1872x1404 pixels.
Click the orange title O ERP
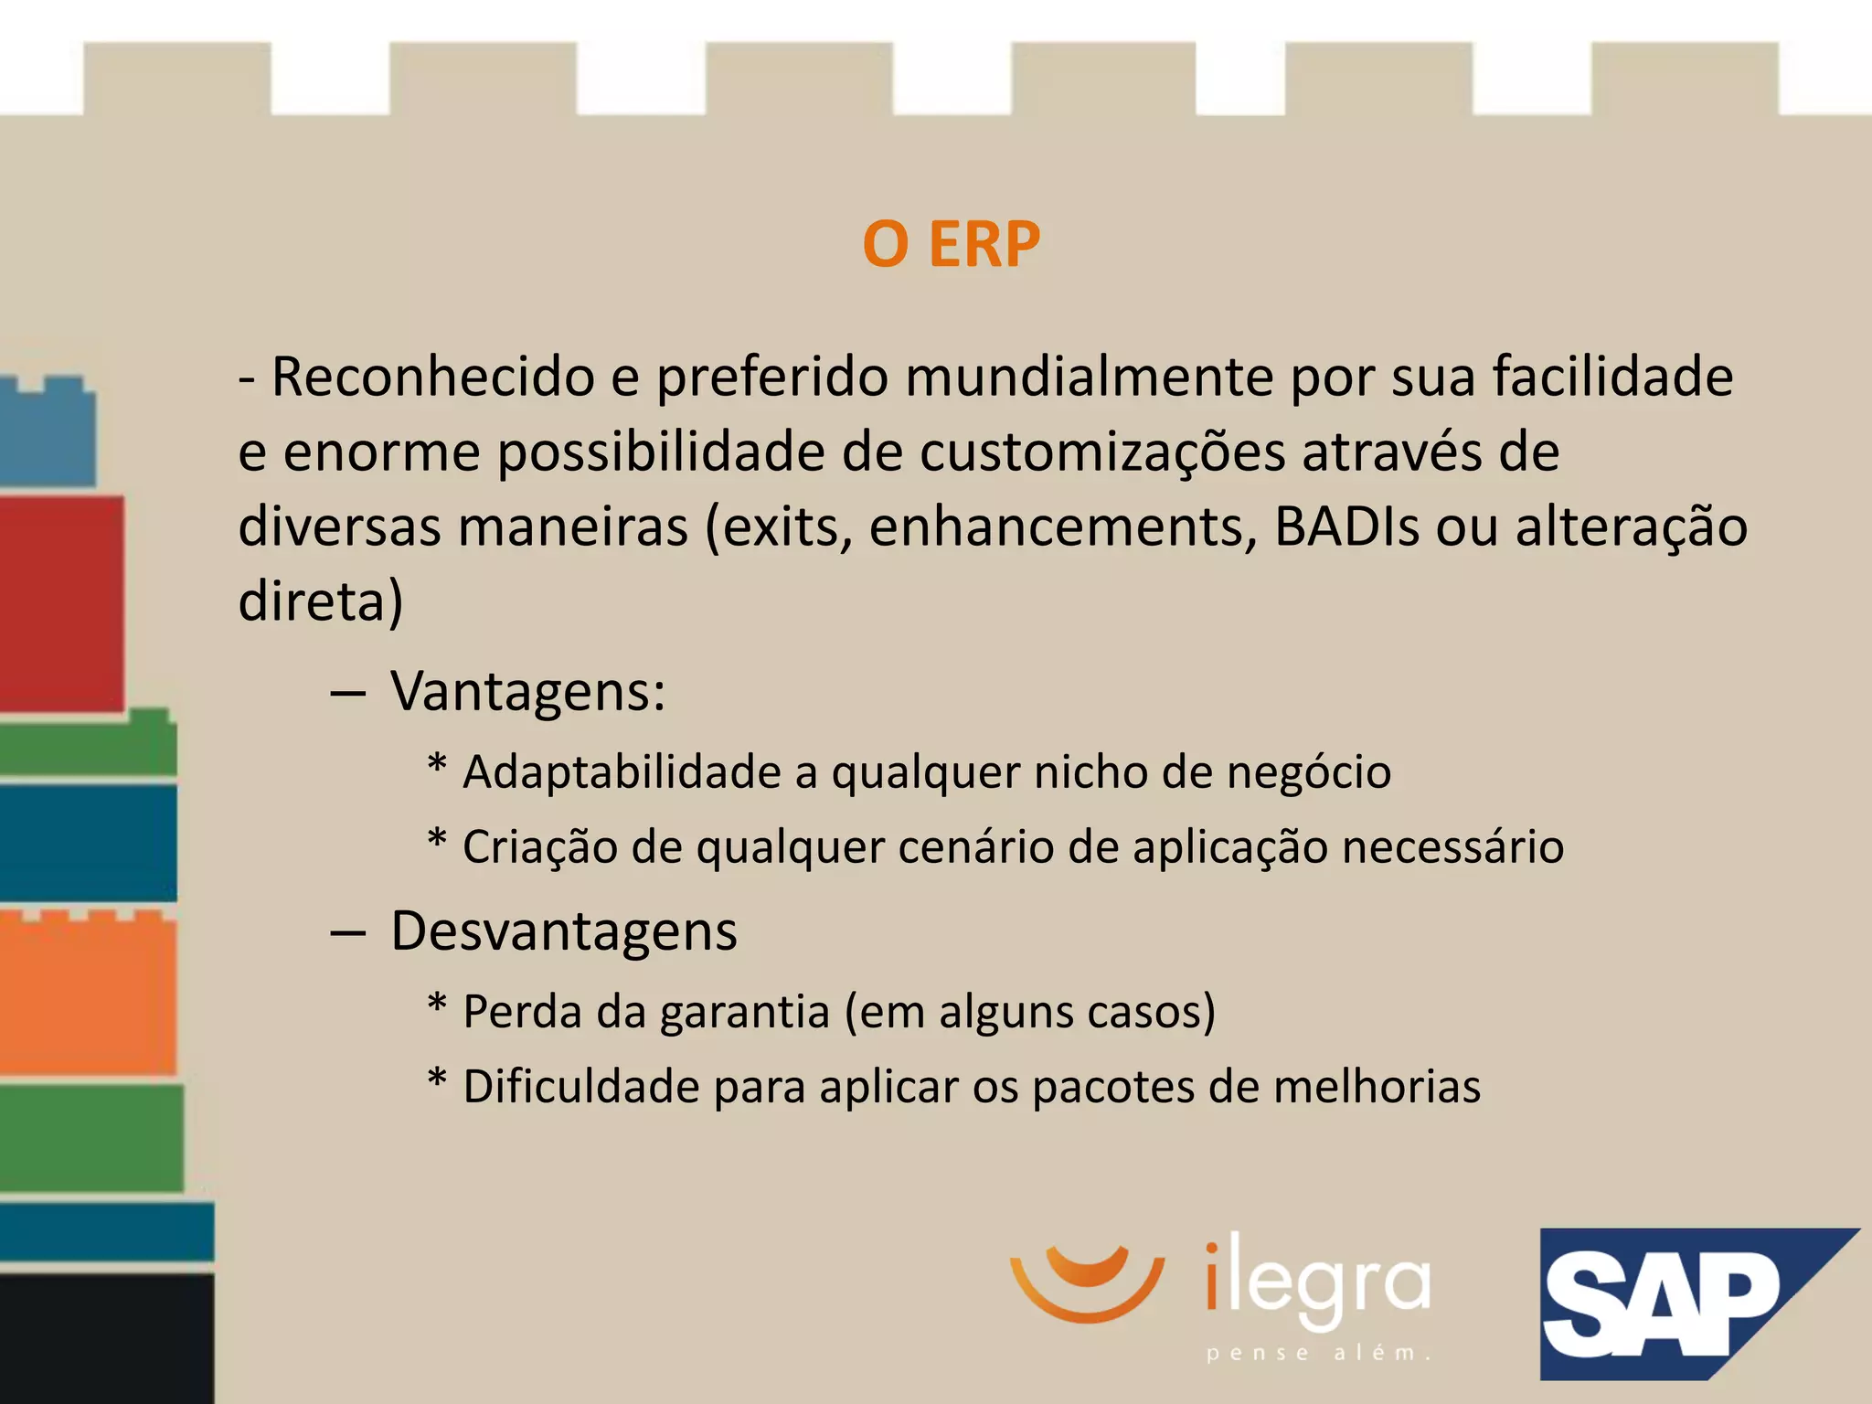pyautogui.click(x=951, y=245)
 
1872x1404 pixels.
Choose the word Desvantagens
pyautogui.click(x=563, y=931)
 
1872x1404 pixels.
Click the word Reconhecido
pyautogui.click(x=433, y=377)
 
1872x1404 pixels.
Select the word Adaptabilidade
pyautogui.click(x=622, y=772)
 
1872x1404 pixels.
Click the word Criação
pyautogui.click(x=539, y=847)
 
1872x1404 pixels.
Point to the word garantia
pyautogui.click(x=744, y=1013)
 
